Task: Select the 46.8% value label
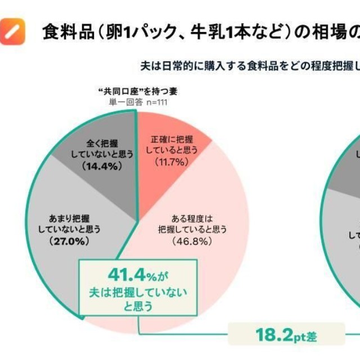pyautogui.click(x=192, y=241)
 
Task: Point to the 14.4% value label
pyautogui.click(x=102, y=166)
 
